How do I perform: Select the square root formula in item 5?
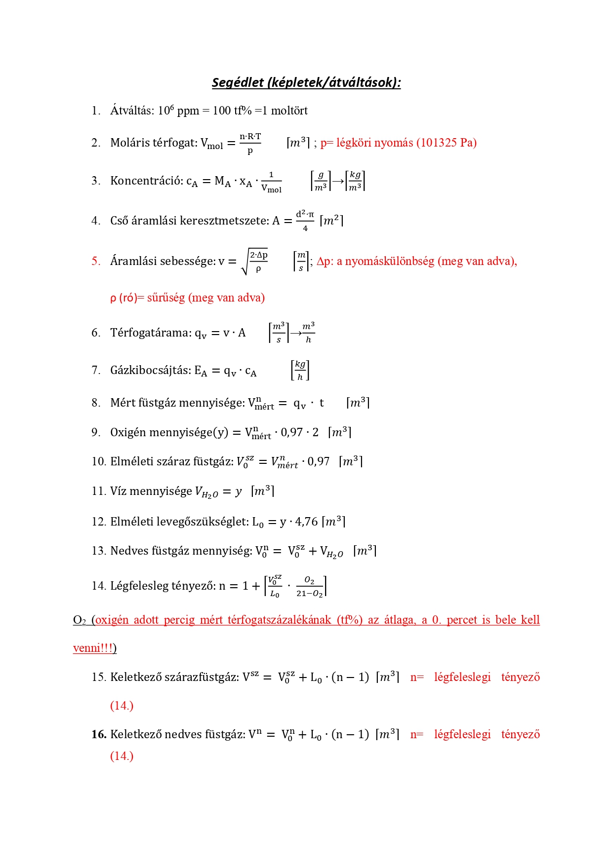point(254,262)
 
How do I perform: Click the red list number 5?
point(95,261)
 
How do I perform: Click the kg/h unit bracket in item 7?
point(300,370)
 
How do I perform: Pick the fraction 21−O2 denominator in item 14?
point(309,594)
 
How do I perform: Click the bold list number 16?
point(99,735)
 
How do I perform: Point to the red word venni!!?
point(93,648)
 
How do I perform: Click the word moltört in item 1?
point(289,111)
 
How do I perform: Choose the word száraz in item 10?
point(175,462)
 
